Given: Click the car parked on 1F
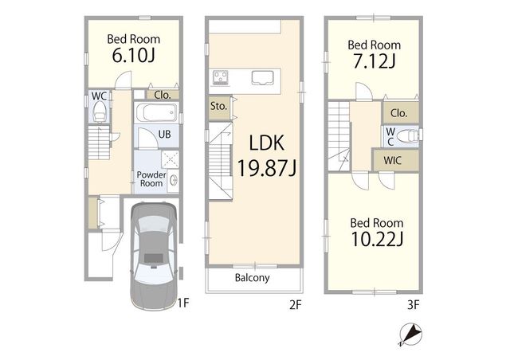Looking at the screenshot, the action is pyautogui.click(x=154, y=256).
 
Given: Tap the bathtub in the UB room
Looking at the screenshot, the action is pyautogui.click(x=156, y=113).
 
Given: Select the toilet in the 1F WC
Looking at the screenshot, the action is pyautogui.click(x=100, y=112).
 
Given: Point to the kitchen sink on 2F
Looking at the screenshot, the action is pyautogui.click(x=262, y=78).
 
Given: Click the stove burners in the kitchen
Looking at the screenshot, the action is pyautogui.click(x=220, y=78).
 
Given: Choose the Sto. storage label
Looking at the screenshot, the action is pyautogui.click(x=218, y=106).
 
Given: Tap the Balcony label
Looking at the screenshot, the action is pyautogui.click(x=252, y=278).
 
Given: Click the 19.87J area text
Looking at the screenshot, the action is pyautogui.click(x=267, y=168).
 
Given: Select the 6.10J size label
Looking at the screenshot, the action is pyautogui.click(x=133, y=56).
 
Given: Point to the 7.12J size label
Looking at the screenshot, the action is pyautogui.click(x=374, y=61).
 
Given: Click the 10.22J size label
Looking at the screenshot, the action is pyautogui.click(x=377, y=240).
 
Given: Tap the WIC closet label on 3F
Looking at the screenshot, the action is pyautogui.click(x=392, y=160).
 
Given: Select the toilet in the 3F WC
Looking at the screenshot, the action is pyautogui.click(x=407, y=136).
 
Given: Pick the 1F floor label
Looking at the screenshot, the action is pyautogui.click(x=183, y=303).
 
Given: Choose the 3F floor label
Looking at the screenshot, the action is pyautogui.click(x=414, y=305).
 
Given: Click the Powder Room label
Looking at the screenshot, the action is pyautogui.click(x=151, y=179).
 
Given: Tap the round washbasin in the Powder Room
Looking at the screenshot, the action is pyautogui.click(x=174, y=180).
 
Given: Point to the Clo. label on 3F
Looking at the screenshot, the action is pyautogui.click(x=398, y=113).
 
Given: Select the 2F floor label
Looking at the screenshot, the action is pyautogui.click(x=296, y=305).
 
